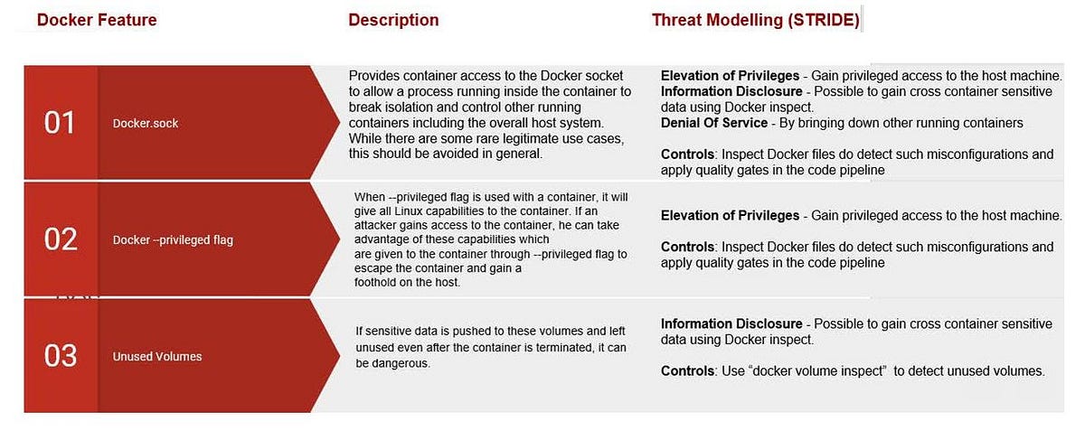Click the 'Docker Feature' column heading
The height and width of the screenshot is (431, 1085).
(97, 20)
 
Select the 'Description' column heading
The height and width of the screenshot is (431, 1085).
(393, 20)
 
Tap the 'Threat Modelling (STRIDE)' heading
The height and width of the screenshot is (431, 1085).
(755, 20)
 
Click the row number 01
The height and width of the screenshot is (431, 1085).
(60, 123)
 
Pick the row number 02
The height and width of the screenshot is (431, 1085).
(60, 239)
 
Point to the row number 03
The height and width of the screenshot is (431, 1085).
(60, 356)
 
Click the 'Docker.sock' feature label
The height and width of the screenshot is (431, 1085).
(146, 123)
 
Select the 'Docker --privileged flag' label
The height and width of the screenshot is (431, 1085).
(173, 239)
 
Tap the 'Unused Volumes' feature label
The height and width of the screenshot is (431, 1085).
(157, 356)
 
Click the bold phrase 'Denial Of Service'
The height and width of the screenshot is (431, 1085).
(714, 123)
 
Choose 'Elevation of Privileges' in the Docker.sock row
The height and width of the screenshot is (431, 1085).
(730, 76)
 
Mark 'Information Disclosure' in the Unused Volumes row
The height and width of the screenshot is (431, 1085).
(731, 323)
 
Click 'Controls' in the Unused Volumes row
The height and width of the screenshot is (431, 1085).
(688, 370)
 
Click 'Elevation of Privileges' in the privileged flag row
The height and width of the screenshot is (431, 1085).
(730, 215)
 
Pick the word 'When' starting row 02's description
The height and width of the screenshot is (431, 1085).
(369, 196)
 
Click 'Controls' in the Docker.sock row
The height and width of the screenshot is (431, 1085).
(688, 155)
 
